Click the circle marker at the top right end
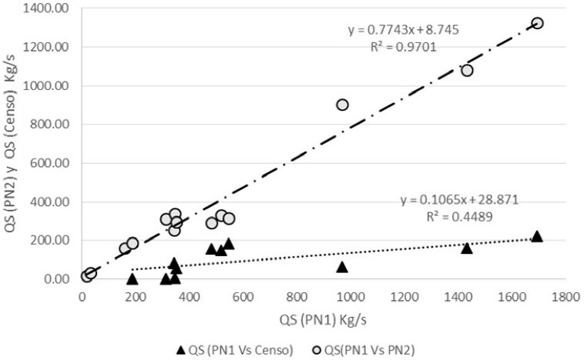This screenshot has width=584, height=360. tap(537, 23)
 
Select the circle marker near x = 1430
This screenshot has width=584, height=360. tap(467, 71)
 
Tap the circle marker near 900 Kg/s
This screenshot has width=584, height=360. tap(343, 105)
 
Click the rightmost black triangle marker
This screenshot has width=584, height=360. tap(537, 236)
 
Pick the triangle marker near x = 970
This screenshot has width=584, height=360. tap(342, 267)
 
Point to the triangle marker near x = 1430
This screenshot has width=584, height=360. tap(466, 248)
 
